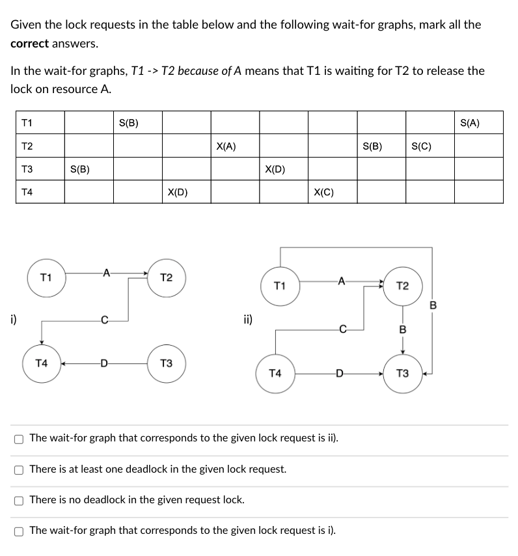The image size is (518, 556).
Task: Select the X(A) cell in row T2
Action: click(x=226, y=146)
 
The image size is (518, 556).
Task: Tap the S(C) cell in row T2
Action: click(x=422, y=146)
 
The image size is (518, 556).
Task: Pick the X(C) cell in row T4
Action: click(x=323, y=192)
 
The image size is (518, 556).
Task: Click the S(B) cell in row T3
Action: click(x=79, y=169)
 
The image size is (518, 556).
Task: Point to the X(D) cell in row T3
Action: click(x=275, y=169)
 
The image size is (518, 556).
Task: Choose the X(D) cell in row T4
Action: click(x=177, y=192)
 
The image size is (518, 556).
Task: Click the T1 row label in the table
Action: click(x=27, y=122)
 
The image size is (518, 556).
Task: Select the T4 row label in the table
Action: click(x=27, y=192)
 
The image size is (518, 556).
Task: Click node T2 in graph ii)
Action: click(x=402, y=287)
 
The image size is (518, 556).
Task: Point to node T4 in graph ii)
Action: click(x=275, y=374)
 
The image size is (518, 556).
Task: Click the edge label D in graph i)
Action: click(x=104, y=364)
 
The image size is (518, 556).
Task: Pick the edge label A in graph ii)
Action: click(x=340, y=282)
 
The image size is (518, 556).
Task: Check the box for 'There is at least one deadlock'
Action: click(x=20, y=469)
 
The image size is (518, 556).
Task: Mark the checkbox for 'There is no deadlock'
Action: click(x=20, y=500)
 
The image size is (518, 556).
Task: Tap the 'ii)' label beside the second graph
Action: click(x=247, y=320)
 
